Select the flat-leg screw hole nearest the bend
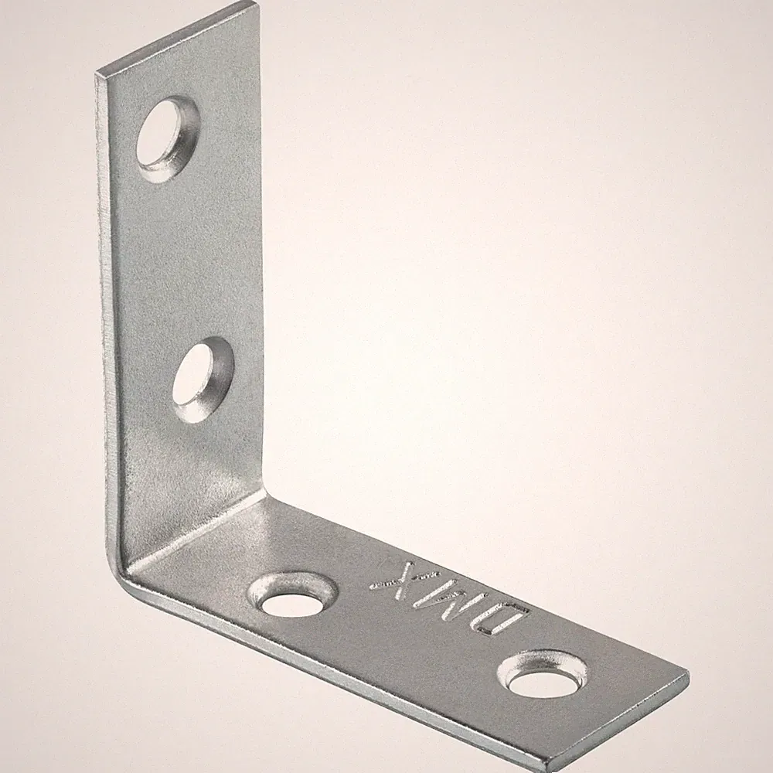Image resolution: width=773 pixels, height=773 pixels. [294, 595]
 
